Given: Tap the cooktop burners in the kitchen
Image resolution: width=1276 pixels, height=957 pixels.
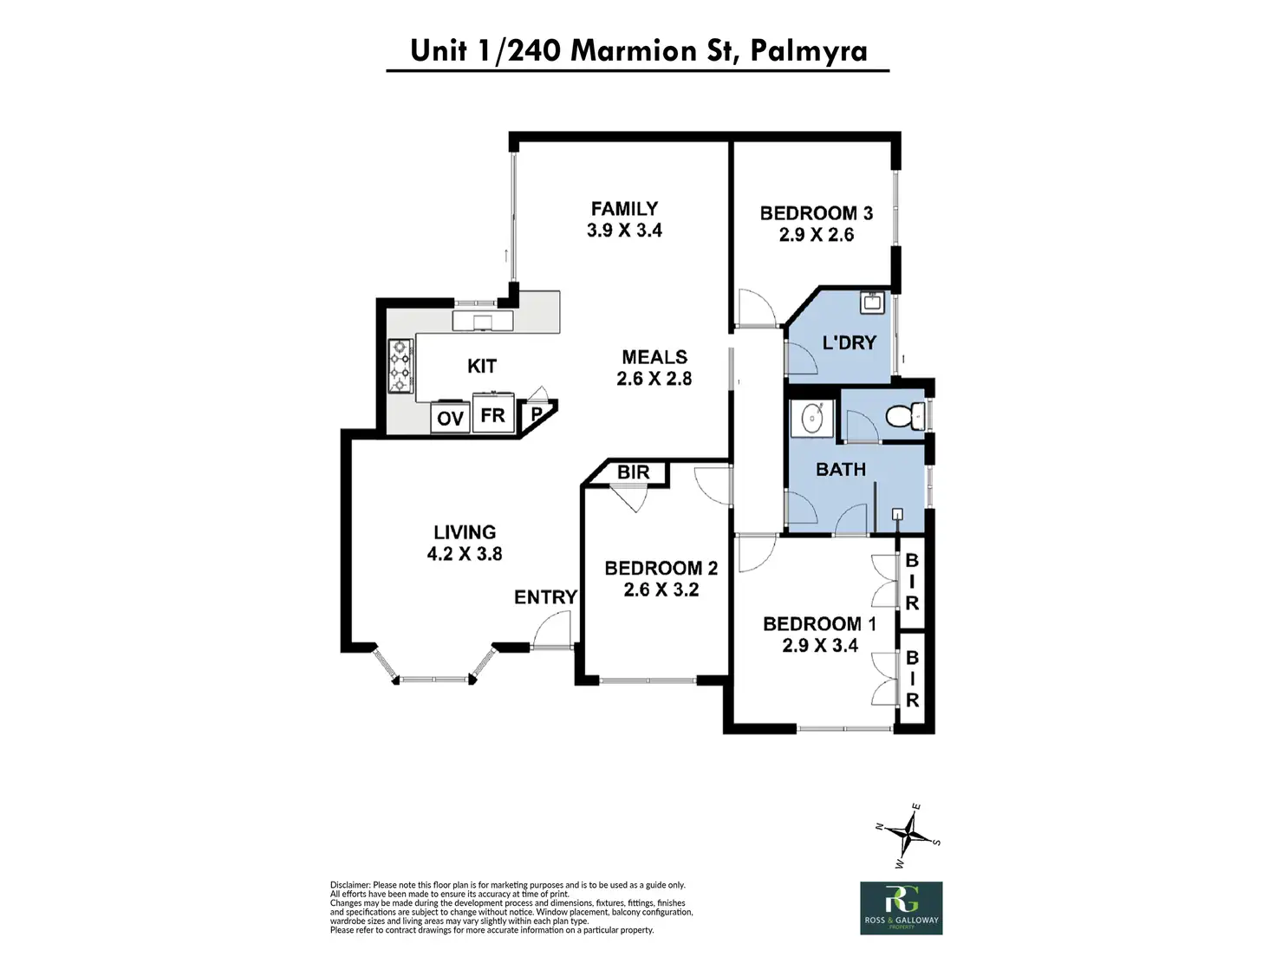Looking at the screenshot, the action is tap(400, 366).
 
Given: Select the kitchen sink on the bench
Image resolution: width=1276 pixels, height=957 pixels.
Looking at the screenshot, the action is tap(483, 322).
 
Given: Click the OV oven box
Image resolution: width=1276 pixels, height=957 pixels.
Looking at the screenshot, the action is tap(450, 419).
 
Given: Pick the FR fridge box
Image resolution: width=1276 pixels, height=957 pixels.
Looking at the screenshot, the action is tap(493, 416).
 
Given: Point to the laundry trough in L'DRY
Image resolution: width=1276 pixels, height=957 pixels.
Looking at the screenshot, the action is tap(870, 303).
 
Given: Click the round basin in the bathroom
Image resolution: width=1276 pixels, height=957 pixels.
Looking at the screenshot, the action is tap(812, 418).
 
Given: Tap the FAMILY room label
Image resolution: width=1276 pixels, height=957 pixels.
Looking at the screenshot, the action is tap(624, 209).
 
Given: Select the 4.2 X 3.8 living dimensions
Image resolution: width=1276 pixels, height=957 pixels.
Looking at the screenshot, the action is tap(465, 554).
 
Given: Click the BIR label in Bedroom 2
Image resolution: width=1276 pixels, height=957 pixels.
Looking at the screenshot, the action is tap(634, 472).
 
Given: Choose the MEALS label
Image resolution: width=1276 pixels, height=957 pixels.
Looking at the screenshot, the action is tap(654, 357).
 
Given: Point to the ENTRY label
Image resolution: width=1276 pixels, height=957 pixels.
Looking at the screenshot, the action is tap(545, 597).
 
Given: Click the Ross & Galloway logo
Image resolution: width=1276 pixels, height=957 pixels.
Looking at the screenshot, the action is tap(901, 908).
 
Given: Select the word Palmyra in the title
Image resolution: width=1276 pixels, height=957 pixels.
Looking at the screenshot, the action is tap(809, 51).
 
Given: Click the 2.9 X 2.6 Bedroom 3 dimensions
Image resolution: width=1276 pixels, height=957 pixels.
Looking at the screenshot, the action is tap(816, 235).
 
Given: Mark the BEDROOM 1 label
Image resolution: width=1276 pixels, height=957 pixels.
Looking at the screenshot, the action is tap(819, 624).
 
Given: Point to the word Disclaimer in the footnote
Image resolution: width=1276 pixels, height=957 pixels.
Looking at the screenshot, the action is tap(350, 885).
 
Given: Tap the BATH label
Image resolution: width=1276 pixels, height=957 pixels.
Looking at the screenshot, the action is tap(841, 470).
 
